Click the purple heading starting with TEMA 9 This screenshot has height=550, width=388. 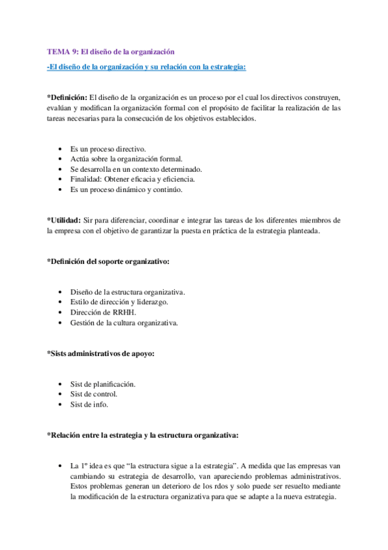point(111,52)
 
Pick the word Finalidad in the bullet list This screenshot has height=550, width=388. point(86,180)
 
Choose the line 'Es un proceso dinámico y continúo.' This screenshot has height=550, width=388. point(126,190)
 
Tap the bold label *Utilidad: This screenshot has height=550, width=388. point(65,221)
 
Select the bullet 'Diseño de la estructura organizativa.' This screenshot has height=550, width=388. point(128,292)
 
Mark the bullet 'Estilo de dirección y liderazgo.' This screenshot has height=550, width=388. point(120,302)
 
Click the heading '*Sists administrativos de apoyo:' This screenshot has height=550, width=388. point(100,353)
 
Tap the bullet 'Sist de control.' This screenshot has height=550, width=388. point(93,394)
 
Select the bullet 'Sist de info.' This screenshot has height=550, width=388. point(89,405)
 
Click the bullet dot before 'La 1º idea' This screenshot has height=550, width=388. point(60,466)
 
